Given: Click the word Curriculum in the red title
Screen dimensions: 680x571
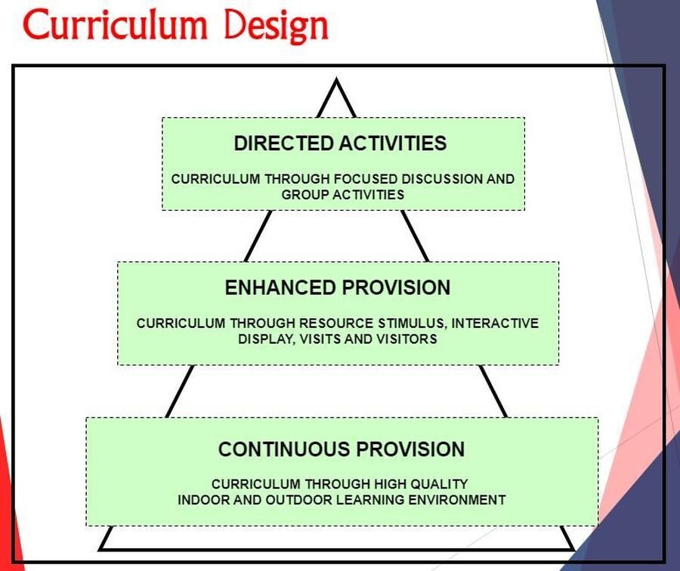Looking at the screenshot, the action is point(116,25).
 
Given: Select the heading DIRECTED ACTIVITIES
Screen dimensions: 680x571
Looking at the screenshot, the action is point(340,143).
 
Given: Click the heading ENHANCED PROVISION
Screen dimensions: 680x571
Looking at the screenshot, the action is point(338,288).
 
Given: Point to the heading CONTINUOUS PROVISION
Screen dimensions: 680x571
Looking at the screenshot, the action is point(342,449).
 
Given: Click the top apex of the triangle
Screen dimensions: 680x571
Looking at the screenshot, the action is point(336,79).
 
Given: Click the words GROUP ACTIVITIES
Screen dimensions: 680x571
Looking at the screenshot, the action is point(342,194).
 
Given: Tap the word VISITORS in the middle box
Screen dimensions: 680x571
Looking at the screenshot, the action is point(406,338).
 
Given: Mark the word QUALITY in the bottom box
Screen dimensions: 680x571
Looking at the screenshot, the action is point(439,484).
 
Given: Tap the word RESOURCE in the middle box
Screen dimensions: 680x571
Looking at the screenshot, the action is point(336,323).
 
